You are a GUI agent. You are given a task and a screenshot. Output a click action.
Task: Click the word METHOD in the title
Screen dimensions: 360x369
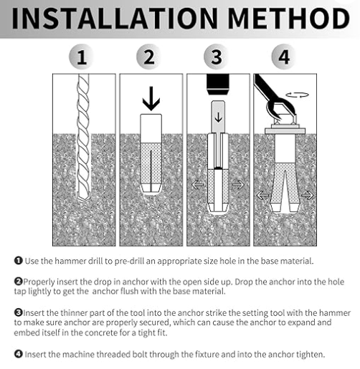(289, 19)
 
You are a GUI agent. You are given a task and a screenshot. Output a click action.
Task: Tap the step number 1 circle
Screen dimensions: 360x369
(82, 57)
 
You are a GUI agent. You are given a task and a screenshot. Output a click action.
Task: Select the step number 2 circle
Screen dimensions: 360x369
(149, 57)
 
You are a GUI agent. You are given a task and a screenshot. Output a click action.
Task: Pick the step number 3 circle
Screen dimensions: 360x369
(217, 57)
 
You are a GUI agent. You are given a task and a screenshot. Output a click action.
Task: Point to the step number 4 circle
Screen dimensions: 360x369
(284, 57)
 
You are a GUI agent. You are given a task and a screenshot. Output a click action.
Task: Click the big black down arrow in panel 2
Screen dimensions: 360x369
(151, 98)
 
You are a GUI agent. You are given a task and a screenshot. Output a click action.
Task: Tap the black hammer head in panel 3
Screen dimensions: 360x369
(218, 85)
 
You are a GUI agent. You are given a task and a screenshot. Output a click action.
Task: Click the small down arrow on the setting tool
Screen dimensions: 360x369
(218, 117)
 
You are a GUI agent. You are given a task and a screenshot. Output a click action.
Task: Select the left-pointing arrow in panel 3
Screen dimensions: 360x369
(198, 185)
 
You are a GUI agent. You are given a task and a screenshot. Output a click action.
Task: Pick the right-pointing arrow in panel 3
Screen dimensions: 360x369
(238, 185)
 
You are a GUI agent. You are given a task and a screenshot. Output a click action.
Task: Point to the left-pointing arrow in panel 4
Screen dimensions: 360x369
(262, 195)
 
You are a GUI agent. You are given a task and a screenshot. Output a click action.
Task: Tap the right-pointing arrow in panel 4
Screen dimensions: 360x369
(308, 195)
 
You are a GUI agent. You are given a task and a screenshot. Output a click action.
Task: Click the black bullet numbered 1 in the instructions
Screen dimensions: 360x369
(18, 261)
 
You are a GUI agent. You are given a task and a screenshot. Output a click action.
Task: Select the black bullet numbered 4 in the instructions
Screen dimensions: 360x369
(18, 354)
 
